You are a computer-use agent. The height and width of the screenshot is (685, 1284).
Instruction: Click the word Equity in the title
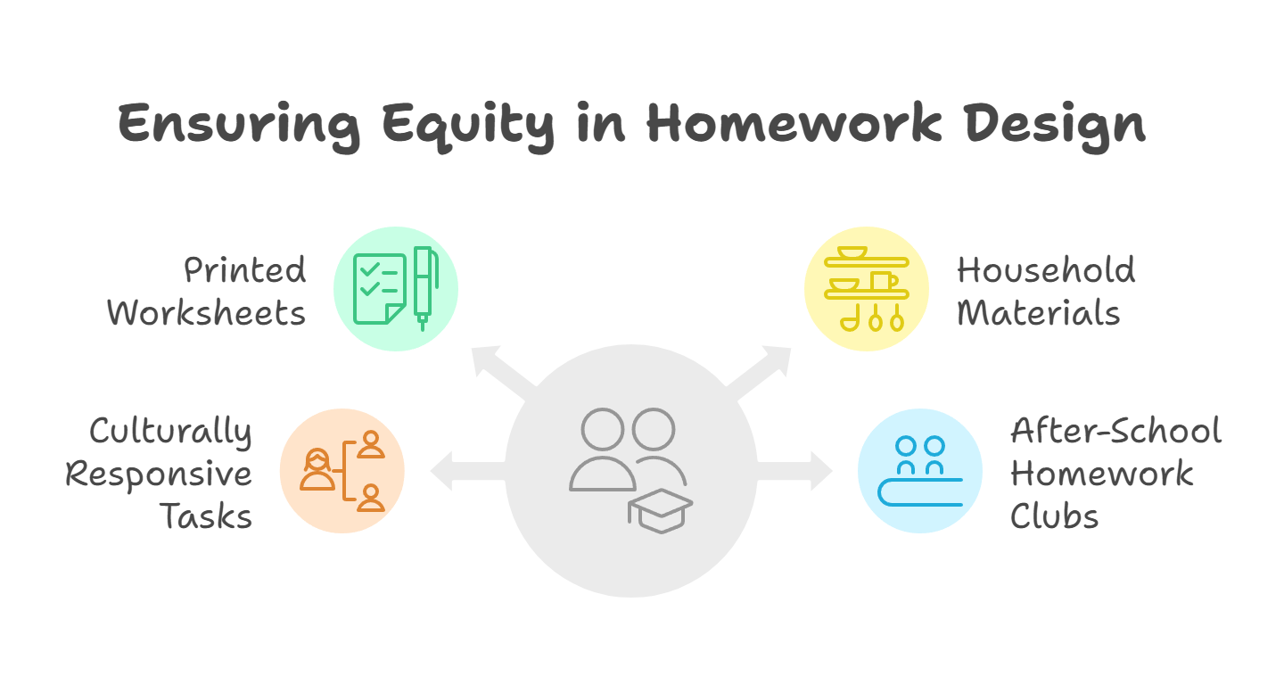point(469,128)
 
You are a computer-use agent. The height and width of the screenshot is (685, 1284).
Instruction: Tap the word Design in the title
point(1056,128)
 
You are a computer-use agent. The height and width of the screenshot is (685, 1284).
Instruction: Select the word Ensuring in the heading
point(239,128)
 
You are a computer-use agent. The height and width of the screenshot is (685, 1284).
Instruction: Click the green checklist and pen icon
point(396,289)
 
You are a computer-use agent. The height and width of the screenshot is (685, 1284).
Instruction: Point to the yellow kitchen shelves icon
point(867,289)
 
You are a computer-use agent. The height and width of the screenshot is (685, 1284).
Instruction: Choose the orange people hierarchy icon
point(342,471)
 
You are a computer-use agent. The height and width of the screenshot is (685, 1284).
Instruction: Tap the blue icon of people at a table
point(920,471)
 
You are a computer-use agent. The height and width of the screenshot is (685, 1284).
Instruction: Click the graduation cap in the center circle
point(661,511)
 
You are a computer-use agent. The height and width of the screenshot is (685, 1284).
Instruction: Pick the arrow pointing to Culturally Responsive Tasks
point(468,471)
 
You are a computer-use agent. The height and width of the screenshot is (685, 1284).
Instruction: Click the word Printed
point(244,270)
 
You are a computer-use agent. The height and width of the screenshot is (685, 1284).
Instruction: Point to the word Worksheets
point(206,313)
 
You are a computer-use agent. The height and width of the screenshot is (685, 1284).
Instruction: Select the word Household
point(1046,270)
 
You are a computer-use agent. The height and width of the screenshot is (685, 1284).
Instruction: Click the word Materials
point(1039,313)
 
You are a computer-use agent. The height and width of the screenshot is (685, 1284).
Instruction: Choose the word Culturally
point(170,432)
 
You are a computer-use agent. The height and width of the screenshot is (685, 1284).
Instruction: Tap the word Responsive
point(159,475)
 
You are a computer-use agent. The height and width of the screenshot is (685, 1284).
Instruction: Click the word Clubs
point(1054,516)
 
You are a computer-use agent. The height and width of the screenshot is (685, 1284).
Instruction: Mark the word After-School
point(1116,431)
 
